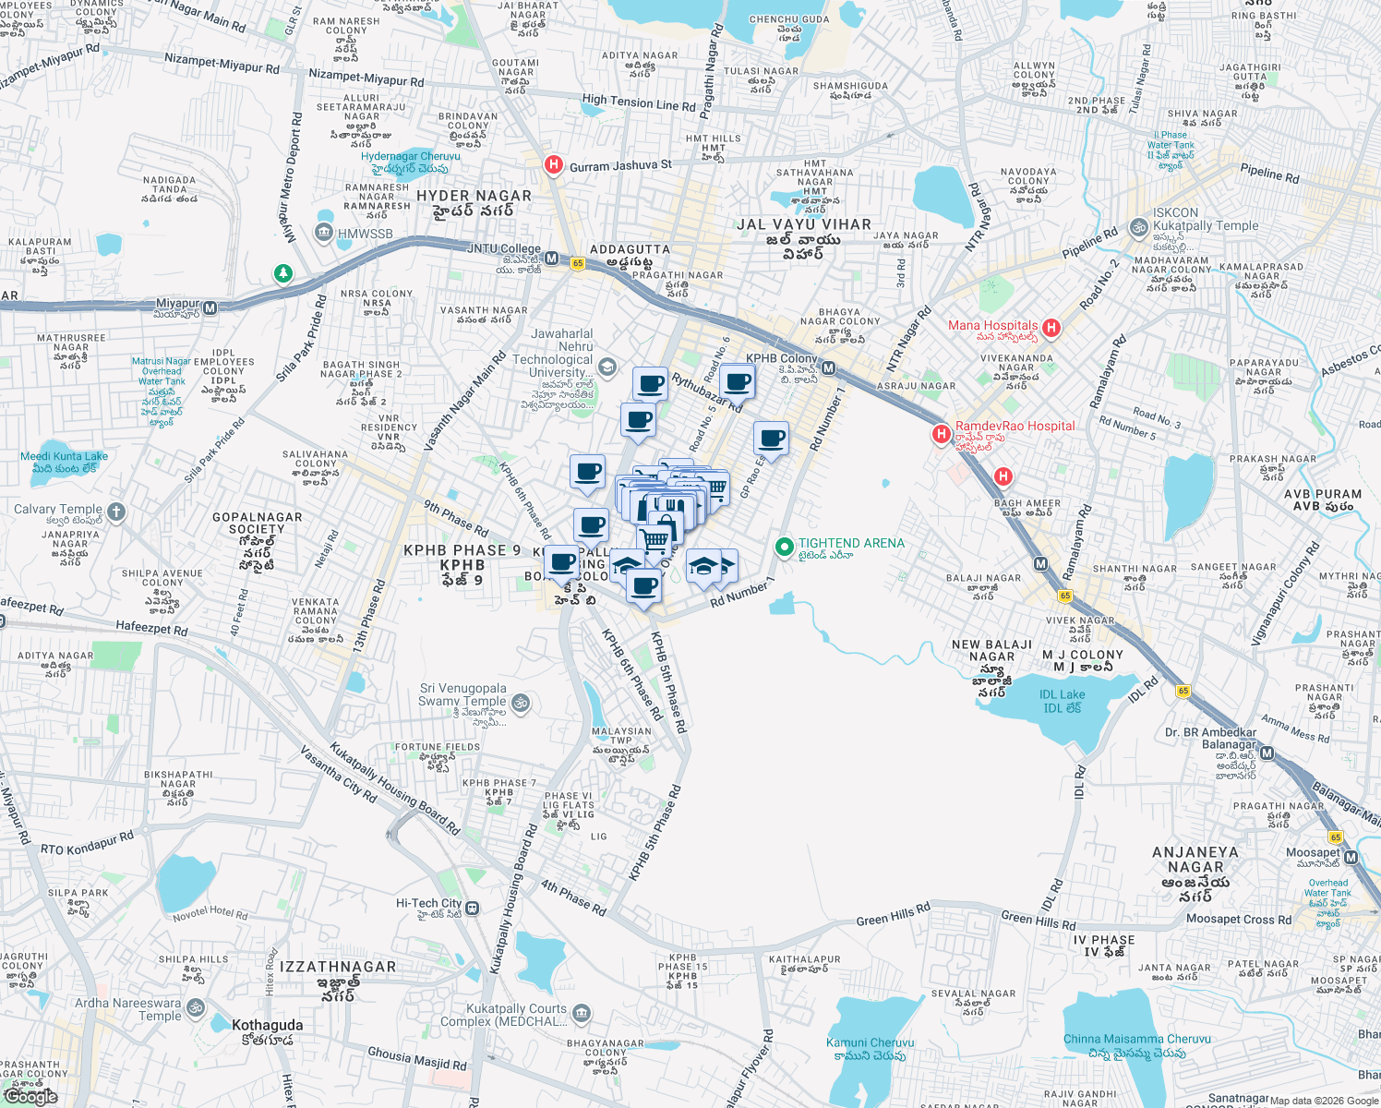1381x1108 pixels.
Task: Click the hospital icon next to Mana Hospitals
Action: (x=1051, y=328)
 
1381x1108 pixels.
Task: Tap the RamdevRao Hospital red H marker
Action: (x=941, y=433)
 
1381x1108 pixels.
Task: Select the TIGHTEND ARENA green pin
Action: (x=784, y=548)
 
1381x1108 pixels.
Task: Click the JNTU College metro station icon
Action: (x=551, y=259)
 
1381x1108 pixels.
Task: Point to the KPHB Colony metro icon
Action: (x=828, y=368)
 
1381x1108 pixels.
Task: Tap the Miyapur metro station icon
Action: (x=210, y=308)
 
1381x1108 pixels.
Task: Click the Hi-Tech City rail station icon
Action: (x=473, y=908)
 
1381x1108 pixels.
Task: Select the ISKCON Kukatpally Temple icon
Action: (x=1138, y=227)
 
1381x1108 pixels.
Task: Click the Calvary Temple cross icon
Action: (x=115, y=511)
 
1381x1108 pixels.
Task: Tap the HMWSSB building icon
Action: (x=324, y=232)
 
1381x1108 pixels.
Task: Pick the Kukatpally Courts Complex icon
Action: (x=581, y=1015)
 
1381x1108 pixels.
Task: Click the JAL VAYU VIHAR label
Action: (x=803, y=224)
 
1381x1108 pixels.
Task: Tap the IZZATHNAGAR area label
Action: (x=338, y=967)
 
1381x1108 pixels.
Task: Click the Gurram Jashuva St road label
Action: (x=620, y=166)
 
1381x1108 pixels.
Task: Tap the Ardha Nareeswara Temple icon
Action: (x=195, y=1007)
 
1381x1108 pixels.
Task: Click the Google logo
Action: (x=30, y=1097)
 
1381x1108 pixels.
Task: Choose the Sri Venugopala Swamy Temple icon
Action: (x=520, y=703)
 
